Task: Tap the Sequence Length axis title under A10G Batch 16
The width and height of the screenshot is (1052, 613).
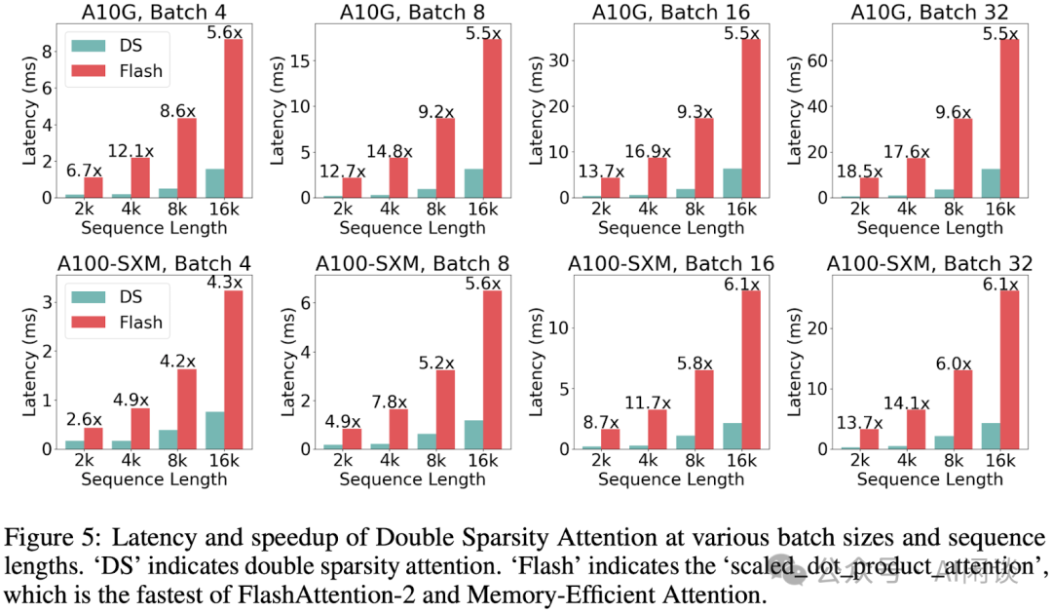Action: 671,228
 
